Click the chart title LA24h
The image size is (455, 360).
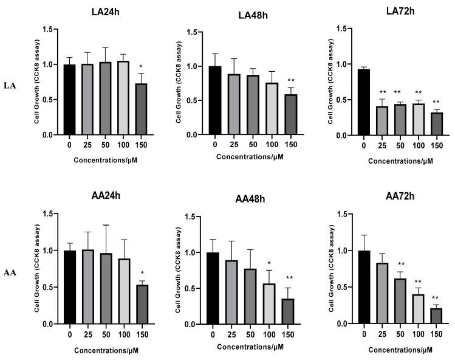click(x=105, y=11)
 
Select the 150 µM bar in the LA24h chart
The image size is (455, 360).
click(x=141, y=109)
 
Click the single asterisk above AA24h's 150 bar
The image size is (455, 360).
click(x=141, y=273)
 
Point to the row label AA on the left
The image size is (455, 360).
click(x=10, y=272)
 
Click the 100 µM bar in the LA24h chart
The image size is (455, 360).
click(x=123, y=98)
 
